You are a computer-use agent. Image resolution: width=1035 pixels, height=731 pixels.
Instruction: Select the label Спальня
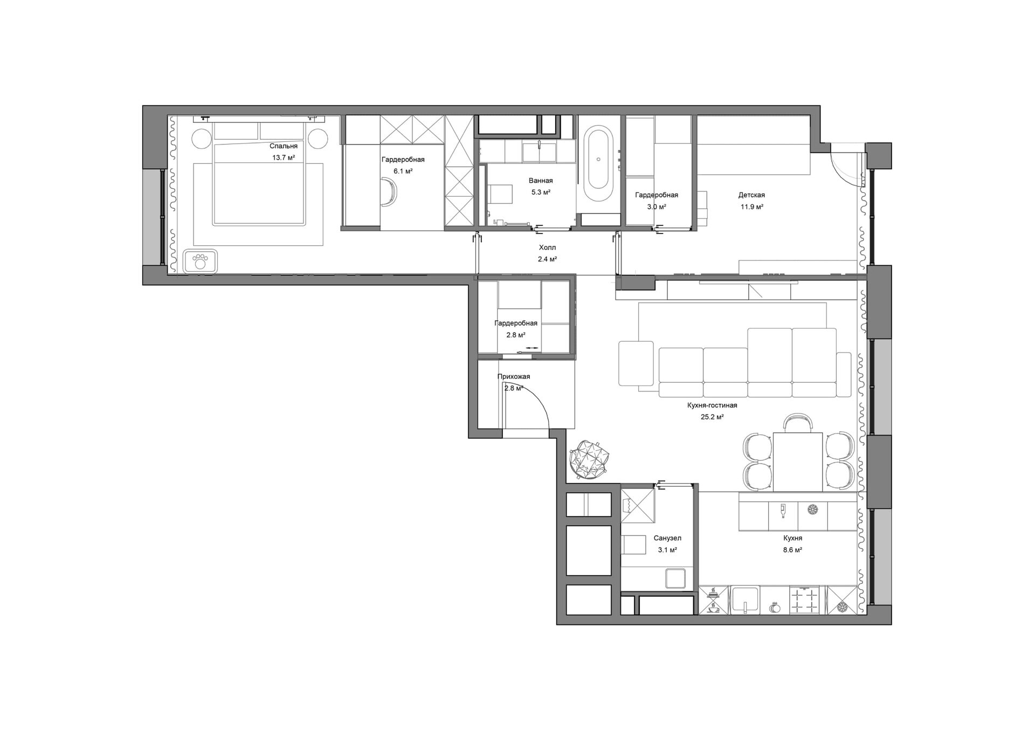[284, 146]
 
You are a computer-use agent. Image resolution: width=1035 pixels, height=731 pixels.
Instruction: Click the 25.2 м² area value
[712, 417]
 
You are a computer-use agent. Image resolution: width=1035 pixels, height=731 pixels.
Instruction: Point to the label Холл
[547, 247]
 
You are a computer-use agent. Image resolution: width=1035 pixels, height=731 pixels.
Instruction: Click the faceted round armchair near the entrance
[590, 459]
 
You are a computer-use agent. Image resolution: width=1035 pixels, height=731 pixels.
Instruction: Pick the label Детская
[751, 195]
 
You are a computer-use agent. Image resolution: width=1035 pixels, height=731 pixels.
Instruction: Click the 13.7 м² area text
[284, 158]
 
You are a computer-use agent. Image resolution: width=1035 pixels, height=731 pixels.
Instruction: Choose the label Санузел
[667, 538]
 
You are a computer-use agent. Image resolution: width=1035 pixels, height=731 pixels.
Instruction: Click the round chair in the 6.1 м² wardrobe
[390, 192]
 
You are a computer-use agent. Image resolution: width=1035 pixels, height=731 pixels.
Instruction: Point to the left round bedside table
[203, 139]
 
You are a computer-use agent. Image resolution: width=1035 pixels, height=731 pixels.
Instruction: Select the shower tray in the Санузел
[638, 505]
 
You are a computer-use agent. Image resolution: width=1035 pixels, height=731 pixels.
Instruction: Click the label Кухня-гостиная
[712, 405]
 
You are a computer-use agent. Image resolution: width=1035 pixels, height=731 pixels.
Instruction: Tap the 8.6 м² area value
[792, 550]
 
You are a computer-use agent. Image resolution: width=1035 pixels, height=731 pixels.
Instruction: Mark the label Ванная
[541, 181]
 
